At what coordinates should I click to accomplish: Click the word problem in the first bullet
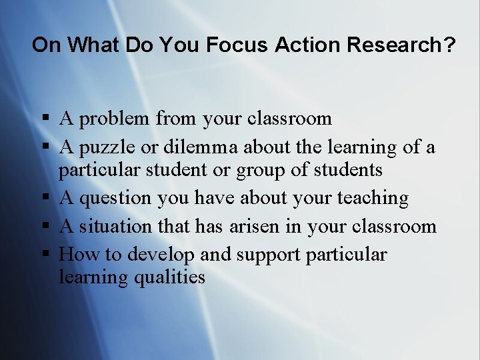point(113,119)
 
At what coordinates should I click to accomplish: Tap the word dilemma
point(207,147)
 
